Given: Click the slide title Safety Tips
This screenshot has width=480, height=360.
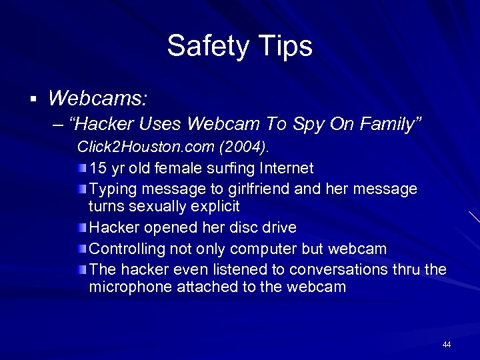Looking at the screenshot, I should [x=239, y=46].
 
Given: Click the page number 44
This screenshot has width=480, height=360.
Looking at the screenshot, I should [x=447, y=344].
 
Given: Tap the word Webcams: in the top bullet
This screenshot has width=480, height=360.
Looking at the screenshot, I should [x=97, y=99].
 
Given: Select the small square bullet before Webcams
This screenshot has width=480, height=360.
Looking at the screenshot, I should [x=31, y=100].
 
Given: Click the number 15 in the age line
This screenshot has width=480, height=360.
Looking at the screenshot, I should [x=97, y=167].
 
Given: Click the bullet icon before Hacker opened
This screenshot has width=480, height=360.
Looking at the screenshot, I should [x=81, y=227].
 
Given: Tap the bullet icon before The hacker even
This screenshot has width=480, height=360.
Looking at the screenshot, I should [x=81, y=270].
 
